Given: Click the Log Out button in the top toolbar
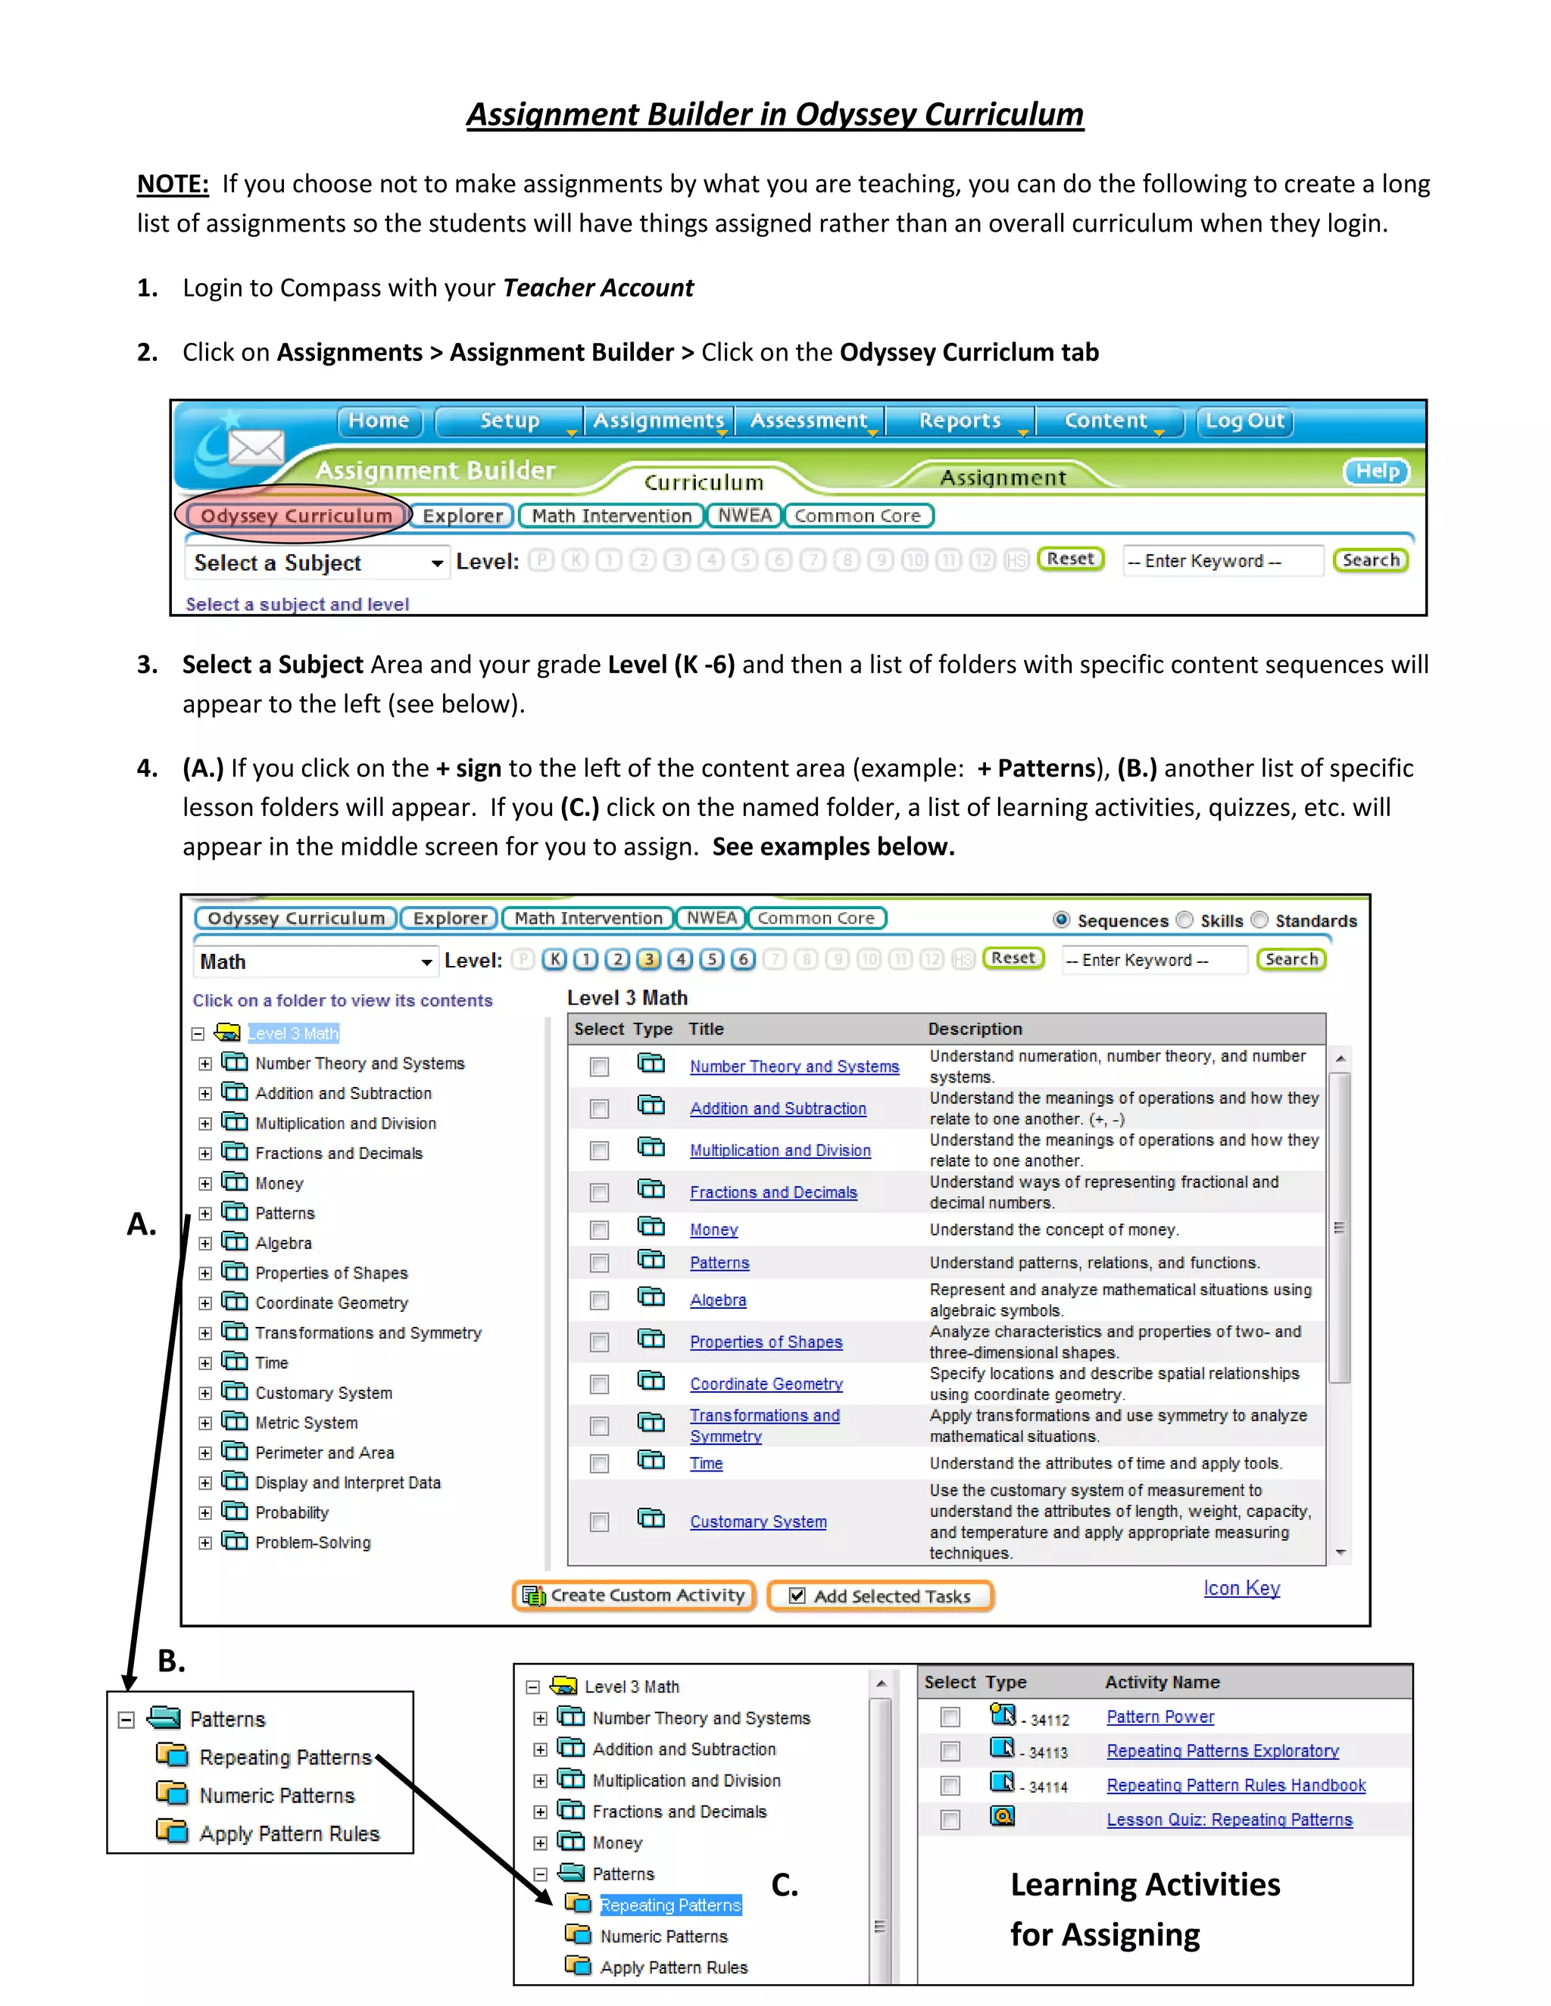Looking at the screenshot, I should pos(1244,421).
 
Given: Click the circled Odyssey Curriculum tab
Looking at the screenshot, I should pos(296,516).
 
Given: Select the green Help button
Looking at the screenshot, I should pos(1376,471).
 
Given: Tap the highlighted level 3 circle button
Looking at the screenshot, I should pos(649,960).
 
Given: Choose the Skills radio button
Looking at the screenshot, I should pos(1185,920).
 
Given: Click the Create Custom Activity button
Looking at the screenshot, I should pos(634,1596).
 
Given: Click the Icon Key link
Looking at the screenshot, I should pos(1241,1588).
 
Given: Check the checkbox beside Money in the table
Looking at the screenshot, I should pos(599,1230).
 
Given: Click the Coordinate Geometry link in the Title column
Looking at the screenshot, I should pos(766,1385).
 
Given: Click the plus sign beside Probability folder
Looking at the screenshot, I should pos(205,1512).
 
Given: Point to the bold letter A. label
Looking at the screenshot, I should pos(142,1224).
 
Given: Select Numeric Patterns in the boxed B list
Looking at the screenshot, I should pos(276,1795).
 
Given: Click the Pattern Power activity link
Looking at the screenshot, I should pos(1159,1717).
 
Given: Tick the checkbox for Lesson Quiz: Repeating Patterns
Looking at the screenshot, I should pos(950,1820).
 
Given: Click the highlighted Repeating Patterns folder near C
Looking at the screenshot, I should pos(669,1905).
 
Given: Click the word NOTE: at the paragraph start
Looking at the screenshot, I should pos(173,184).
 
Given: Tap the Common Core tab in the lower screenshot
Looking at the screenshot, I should pos(816,917).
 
